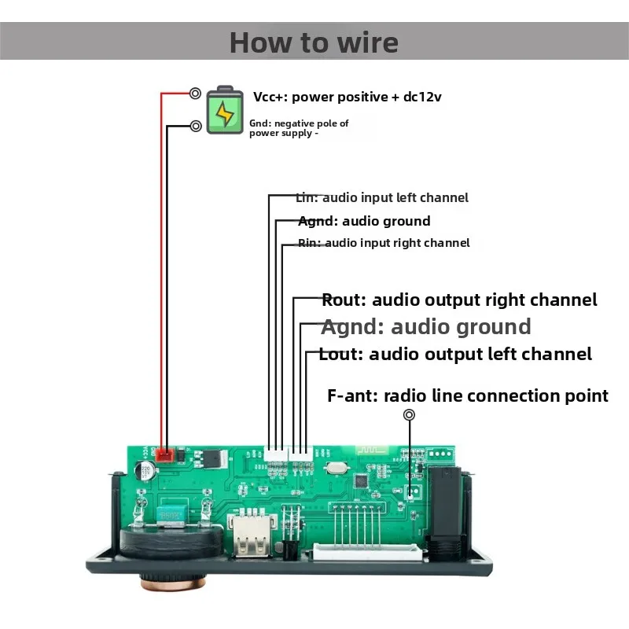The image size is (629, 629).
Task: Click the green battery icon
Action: coord(225,110)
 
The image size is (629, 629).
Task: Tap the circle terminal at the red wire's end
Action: coord(195,94)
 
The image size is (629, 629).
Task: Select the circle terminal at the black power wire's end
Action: coord(196,126)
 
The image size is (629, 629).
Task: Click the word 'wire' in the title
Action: coord(368,42)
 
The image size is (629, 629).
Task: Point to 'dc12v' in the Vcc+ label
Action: coord(422,97)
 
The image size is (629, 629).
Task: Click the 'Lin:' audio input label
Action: coord(307,197)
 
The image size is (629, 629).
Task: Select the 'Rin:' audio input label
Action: coord(309,243)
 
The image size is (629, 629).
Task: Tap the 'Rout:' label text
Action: coord(344,300)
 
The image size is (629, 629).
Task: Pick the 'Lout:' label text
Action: coord(341,355)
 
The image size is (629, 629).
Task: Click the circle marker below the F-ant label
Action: coord(409,415)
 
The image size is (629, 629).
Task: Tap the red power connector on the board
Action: coord(164,455)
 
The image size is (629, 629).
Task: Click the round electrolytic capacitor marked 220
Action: coord(145,471)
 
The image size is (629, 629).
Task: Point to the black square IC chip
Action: coord(361,480)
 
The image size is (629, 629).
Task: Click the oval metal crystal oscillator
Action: coord(336,467)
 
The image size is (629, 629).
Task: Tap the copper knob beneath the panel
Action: coord(173,582)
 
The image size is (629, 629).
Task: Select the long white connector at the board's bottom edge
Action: coord(367,553)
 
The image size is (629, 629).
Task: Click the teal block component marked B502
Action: coord(171,513)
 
